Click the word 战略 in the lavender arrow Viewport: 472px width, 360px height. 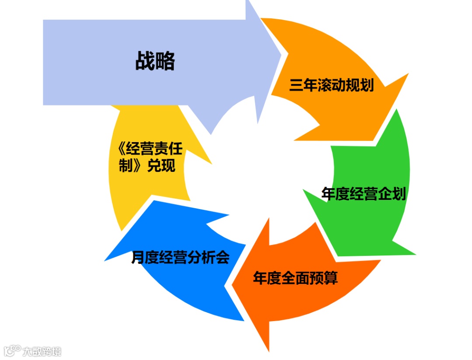pos(155,61)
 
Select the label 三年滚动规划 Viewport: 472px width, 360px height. pos(331,85)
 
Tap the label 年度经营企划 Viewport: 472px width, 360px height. pos(364,194)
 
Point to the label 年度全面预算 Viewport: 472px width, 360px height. pos(295,278)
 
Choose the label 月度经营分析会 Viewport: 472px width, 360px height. pos(180,258)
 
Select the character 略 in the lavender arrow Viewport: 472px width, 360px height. pos(165,61)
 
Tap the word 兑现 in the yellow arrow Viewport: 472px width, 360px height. pos(161,166)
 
